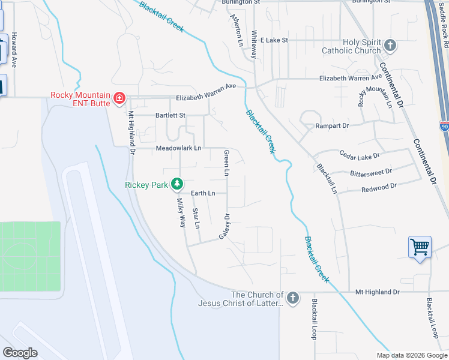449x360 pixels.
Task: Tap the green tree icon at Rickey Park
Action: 177,184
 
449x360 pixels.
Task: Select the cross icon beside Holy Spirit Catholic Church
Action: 390,46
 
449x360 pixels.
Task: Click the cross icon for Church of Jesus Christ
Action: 292,298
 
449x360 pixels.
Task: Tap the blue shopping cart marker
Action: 420,247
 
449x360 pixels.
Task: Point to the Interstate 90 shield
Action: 443,127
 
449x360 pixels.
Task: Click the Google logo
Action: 20,352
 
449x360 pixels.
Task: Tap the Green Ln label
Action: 226,163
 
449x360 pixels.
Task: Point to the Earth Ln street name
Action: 203,193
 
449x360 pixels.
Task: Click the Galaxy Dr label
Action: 224,226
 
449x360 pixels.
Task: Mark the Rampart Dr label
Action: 332,126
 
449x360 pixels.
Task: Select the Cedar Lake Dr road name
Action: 360,155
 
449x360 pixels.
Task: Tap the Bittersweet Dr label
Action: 370,172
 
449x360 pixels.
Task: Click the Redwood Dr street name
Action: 379,187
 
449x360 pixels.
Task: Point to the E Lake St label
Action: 274,40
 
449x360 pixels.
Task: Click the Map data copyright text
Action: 411,355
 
